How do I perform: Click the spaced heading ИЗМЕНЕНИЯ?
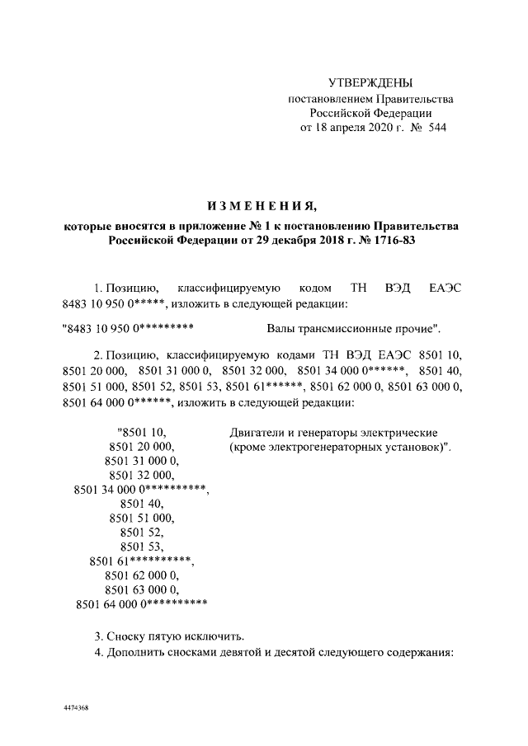tap(261, 204)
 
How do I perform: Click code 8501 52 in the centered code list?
tap(141, 533)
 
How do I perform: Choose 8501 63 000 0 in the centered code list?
tap(141, 590)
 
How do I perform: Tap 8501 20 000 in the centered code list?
tap(141, 446)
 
